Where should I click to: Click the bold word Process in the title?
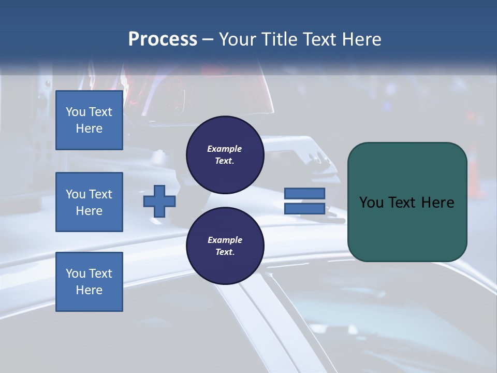[x=163, y=39]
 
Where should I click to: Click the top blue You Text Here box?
[x=89, y=120]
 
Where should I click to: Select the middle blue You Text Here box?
[x=89, y=202]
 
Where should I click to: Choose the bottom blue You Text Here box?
[x=89, y=282]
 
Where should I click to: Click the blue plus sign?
[x=159, y=201]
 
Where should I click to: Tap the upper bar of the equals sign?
[x=305, y=194]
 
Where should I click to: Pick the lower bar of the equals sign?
[x=305, y=208]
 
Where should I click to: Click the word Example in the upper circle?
[x=225, y=149]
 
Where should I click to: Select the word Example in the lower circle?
[x=225, y=240]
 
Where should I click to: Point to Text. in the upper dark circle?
[x=225, y=161]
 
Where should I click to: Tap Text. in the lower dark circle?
[x=225, y=252]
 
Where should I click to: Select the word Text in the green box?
[x=404, y=203]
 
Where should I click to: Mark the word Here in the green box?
[x=437, y=203]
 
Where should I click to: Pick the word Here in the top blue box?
[x=89, y=128]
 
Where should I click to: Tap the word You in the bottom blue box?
[x=76, y=274]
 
